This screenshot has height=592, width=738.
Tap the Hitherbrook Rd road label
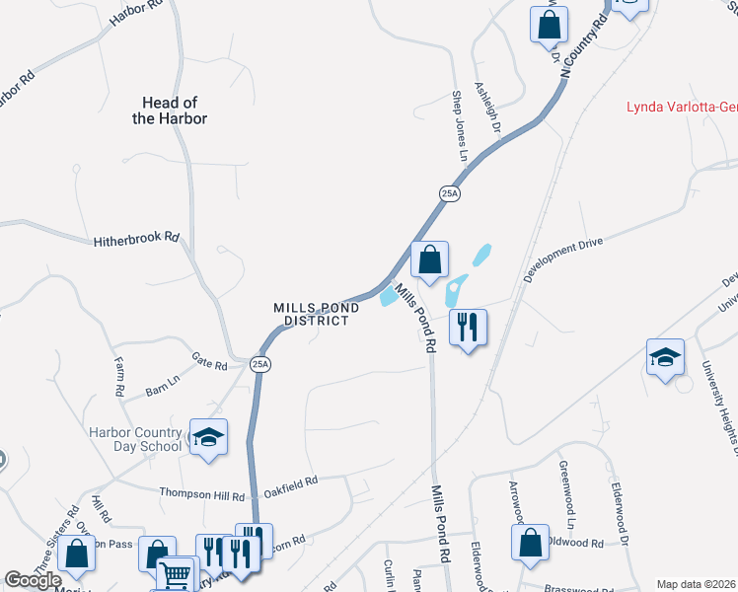click(x=137, y=239)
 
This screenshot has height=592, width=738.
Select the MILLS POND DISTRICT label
click(x=316, y=314)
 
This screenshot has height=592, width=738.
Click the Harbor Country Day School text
click(x=135, y=439)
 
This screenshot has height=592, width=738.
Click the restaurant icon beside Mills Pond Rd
click(x=468, y=327)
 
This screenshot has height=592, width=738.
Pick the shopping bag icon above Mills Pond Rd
click(x=429, y=260)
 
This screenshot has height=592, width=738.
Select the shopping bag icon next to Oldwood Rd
click(x=531, y=542)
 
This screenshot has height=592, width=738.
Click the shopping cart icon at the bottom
click(x=177, y=574)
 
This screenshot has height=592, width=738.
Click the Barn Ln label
click(x=163, y=380)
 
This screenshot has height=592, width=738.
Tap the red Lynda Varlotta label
click(x=682, y=107)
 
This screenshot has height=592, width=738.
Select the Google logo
click(x=33, y=581)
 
